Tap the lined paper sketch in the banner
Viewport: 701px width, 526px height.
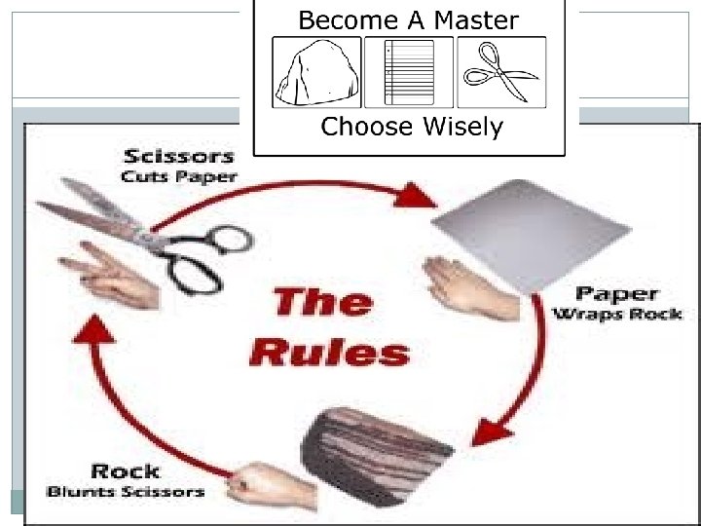tap(409, 73)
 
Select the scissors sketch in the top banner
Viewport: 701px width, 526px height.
tap(500, 73)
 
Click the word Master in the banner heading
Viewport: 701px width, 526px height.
tap(472, 19)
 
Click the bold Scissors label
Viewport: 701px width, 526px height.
tap(178, 156)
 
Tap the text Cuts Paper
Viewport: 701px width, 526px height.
tap(178, 177)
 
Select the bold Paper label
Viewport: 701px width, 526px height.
tap(615, 293)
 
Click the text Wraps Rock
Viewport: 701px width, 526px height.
tap(617, 314)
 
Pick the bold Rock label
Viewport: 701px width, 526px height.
tap(125, 471)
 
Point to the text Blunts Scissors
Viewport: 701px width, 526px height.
tap(126, 492)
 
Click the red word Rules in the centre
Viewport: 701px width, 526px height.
tap(328, 352)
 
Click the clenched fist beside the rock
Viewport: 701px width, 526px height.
tap(264, 483)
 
